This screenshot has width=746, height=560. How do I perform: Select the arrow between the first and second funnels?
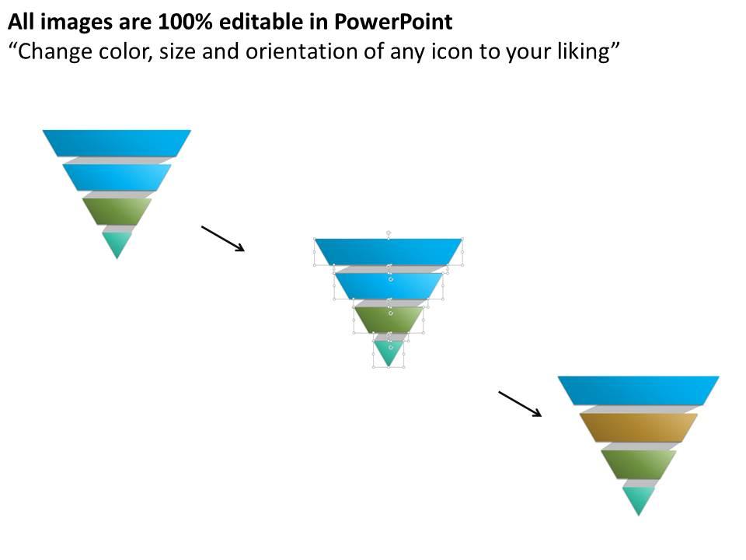[223, 239]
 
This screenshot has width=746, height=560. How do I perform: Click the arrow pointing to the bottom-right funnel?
[520, 404]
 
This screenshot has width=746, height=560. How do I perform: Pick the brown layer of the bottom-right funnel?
[638, 427]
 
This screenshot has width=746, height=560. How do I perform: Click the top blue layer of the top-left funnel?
[117, 142]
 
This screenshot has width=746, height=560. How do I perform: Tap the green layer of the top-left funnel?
[117, 211]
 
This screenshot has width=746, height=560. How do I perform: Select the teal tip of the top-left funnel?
[117, 243]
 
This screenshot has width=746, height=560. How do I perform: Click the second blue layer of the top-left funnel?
[117, 177]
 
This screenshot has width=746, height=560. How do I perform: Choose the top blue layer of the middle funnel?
[389, 251]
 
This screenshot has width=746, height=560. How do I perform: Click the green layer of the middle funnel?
[389, 319]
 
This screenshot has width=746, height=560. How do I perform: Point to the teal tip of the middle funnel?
[389, 351]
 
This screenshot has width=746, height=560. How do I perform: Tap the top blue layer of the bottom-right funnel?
[638, 390]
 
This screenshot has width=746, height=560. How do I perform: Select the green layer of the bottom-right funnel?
[638, 464]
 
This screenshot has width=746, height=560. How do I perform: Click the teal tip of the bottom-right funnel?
[638, 499]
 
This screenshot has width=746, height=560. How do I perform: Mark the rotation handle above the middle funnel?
[389, 232]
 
